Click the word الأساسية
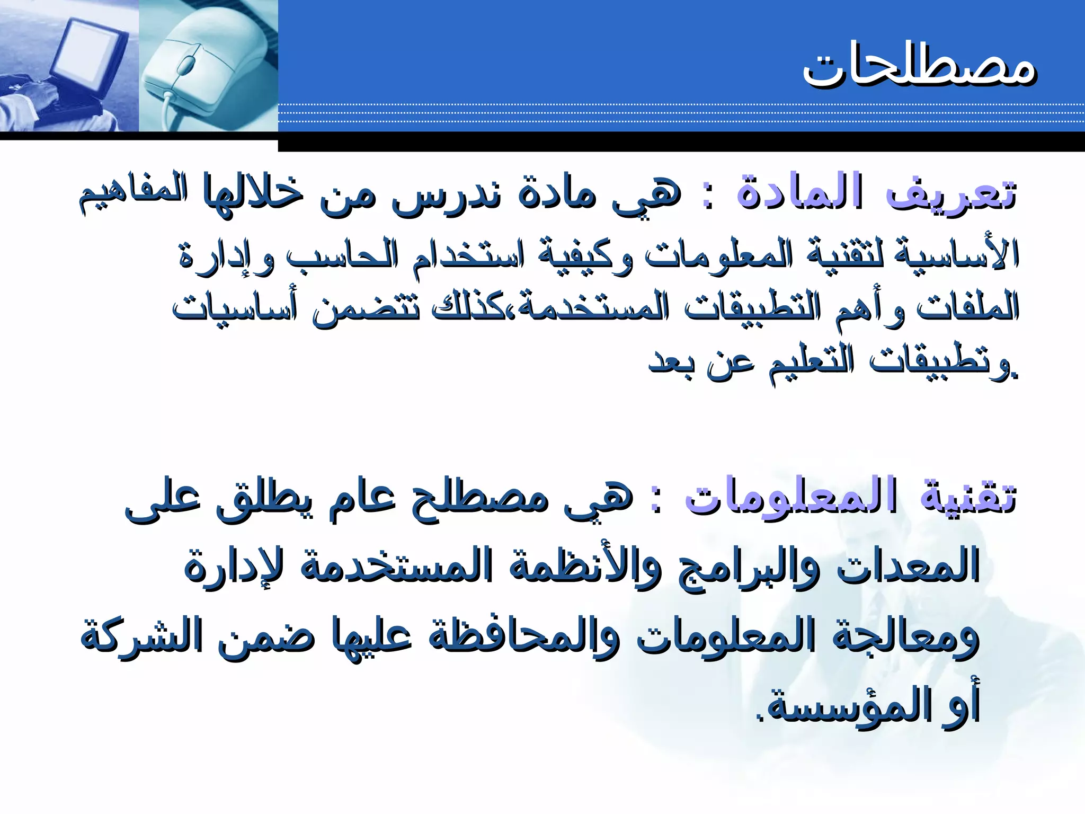click(x=956, y=254)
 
